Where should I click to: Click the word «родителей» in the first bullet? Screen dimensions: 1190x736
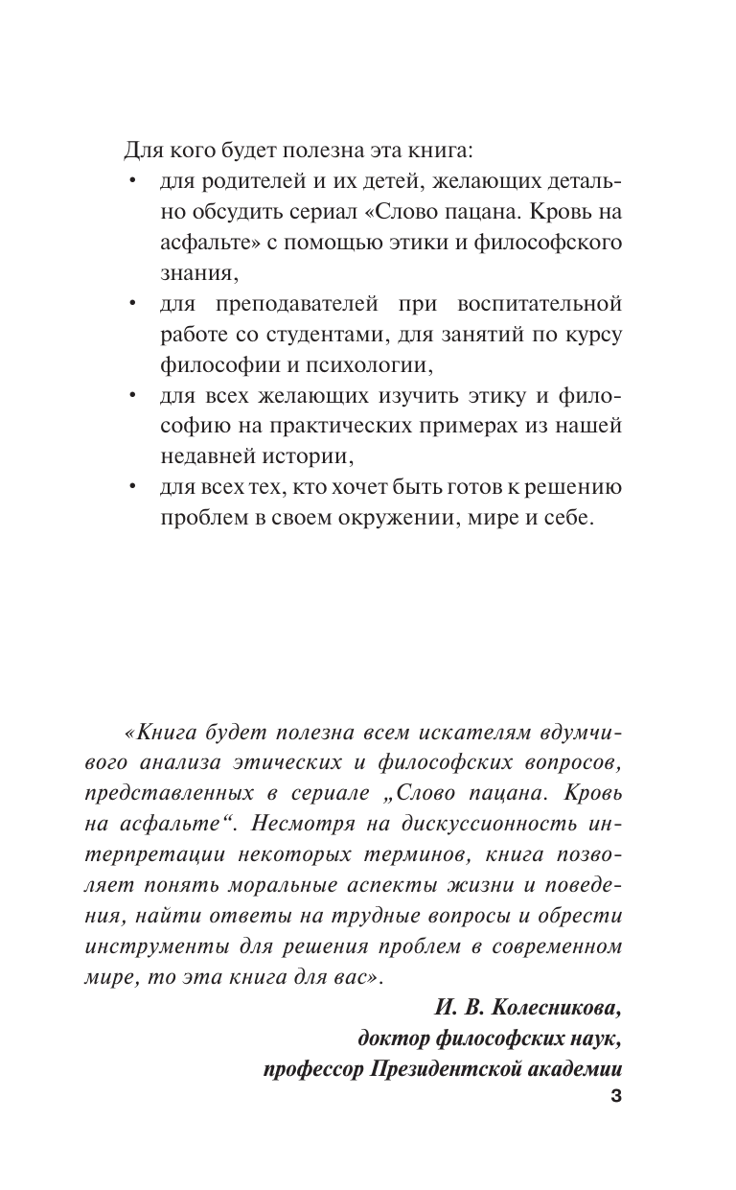[x=241, y=181]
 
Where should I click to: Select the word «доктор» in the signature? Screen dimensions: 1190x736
[x=390, y=1038]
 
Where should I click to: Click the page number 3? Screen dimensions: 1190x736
[x=616, y=1098]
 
